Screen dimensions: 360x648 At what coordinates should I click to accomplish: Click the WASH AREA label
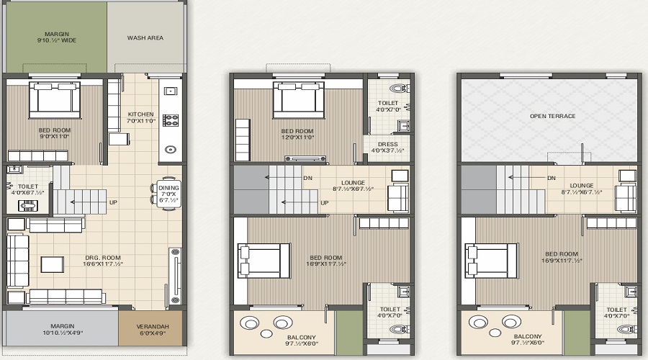(x=145, y=37)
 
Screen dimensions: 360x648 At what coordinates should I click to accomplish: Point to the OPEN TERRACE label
(x=552, y=115)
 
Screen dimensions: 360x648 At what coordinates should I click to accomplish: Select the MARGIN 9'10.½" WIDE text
(x=57, y=37)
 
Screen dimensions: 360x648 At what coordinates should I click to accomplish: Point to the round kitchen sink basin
(x=170, y=150)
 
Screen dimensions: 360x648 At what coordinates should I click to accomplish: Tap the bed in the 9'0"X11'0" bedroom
(x=54, y=99)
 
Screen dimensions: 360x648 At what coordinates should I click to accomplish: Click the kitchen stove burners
(x=171, y=119)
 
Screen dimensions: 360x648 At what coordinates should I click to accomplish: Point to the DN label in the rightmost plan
(x=552, y=178)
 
